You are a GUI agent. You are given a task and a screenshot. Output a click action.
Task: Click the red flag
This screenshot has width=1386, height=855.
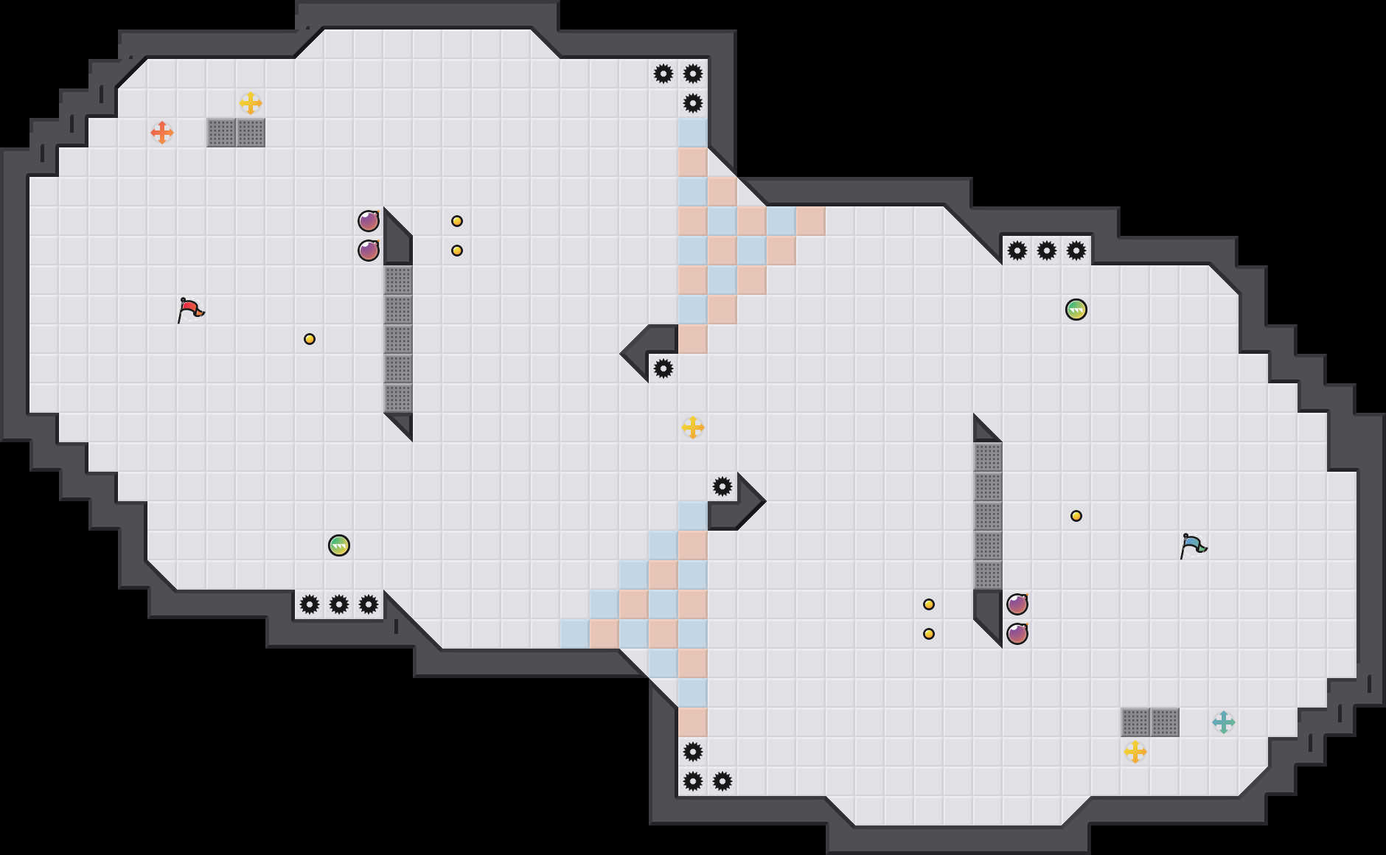click(x=190, y=310)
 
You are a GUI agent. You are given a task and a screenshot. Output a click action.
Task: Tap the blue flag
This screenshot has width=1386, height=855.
click(x=1193, y=545)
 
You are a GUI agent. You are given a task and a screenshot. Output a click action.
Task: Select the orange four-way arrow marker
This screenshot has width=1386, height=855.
click(x=162, y=133)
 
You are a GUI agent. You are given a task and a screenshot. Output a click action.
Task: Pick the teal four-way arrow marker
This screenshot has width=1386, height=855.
click(x=1224, y=722)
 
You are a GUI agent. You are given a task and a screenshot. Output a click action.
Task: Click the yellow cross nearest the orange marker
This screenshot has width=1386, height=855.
click(x=251, y=103)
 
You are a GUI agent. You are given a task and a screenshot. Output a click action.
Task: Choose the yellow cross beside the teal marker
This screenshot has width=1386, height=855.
click(x=1135, y=752)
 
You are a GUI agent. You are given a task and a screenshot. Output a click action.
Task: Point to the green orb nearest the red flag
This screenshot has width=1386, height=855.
click(x=339, y=545)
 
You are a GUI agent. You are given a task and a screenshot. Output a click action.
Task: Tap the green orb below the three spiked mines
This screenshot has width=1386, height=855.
click(x=1076, y=310)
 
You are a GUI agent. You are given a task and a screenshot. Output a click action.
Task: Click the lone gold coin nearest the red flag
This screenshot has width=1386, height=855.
click(x=310, y=339)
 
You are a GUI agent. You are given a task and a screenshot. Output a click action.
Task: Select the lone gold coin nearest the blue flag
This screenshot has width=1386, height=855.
click(x=1076, y=516)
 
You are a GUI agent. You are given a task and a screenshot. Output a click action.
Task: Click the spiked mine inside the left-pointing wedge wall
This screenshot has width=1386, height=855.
click(x=664, y=369)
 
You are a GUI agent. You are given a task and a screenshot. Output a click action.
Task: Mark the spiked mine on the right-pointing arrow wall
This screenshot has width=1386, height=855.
click(x=722, y=486)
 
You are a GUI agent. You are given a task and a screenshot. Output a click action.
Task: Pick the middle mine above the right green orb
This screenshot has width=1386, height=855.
click(x=1047, y=251)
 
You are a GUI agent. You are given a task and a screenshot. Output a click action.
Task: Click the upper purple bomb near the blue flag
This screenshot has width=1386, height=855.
click(x=1017, y=604)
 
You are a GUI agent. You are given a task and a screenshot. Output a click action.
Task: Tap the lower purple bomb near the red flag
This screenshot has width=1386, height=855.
click(x=369, y=251)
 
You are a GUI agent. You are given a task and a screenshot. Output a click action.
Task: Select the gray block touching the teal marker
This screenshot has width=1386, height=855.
click(x=1165, y=722)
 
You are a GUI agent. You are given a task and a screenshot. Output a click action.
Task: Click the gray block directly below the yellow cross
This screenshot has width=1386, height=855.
click(x=251, y=133)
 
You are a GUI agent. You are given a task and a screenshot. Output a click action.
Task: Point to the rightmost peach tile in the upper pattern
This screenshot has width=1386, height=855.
click(x=811, y=221)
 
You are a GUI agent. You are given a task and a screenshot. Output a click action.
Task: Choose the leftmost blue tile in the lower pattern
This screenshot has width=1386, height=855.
click(x=575, y=634)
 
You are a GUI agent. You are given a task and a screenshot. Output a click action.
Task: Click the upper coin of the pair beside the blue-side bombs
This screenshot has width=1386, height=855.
click(x=929, y=604)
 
